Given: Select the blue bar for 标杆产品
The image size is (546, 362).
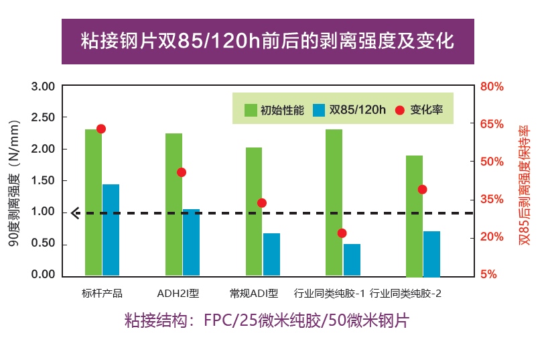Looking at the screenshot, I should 111,230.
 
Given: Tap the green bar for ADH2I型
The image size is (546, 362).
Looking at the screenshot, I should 174,204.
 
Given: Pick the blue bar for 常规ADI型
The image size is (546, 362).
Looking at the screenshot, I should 271,254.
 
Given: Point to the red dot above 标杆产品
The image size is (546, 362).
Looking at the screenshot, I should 101,129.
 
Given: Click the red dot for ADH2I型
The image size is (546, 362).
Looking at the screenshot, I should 181,172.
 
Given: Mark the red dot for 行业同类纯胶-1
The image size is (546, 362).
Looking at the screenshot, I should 342,233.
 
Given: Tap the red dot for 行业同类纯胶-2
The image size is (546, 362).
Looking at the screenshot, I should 422,189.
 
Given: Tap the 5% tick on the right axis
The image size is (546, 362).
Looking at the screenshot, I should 488,275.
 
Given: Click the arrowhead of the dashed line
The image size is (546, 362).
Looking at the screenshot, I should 75,213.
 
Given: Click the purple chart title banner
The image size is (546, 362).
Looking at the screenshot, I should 267,42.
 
